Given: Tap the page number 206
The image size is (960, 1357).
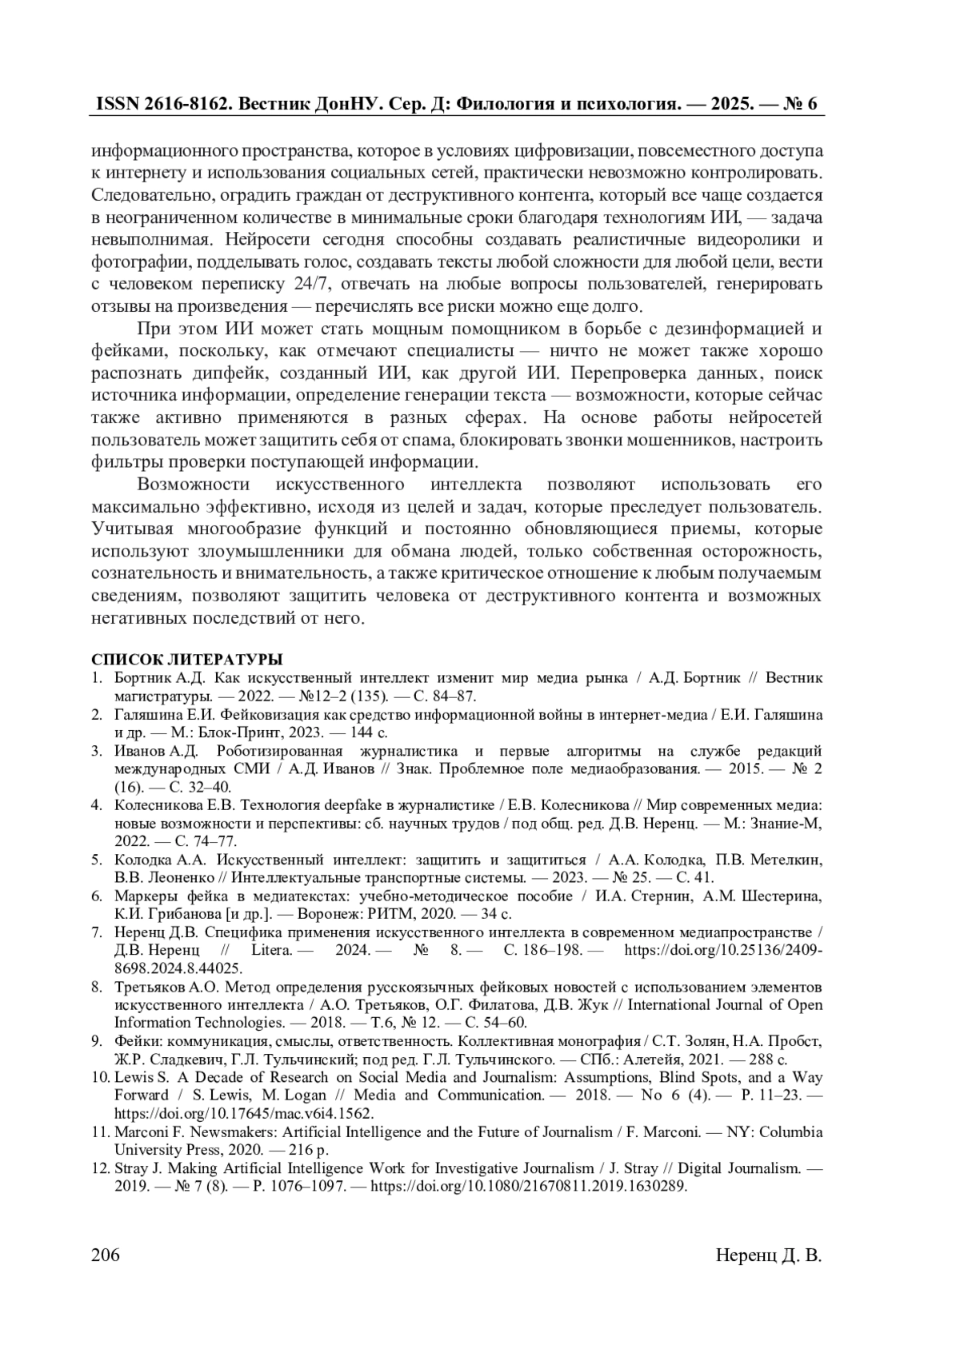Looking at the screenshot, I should pyautogui.click(x=106, y=1255).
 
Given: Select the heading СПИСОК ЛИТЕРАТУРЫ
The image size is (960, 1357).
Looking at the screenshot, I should pyautogui.click(x=186, y=660).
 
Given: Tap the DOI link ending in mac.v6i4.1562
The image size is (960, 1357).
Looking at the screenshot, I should pyautogui.click(x=244, y=1113).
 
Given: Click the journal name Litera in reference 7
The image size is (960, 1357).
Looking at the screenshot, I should pyautogui.click(x=271, y=950).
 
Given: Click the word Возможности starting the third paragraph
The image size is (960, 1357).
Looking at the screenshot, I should pyautogui.click(x=193, y=485).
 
